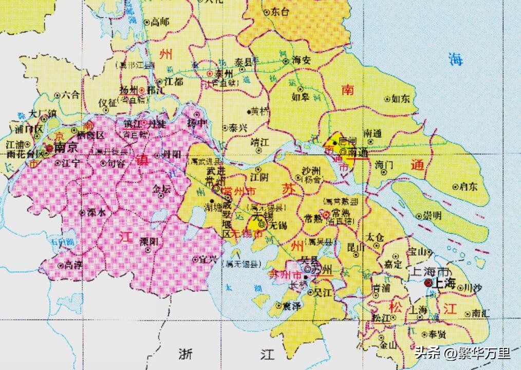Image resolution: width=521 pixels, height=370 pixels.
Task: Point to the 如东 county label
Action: [x=401, y=99]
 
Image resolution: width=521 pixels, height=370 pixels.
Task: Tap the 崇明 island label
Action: [x=432, y=215]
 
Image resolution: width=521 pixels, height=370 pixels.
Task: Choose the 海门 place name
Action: [x=384, y=165]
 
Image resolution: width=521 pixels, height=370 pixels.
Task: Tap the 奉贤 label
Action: [x=437, y=335]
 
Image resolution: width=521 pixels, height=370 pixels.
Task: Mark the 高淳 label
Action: [x=72, y=265]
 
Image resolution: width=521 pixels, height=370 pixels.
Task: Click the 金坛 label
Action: [x=161, y=189]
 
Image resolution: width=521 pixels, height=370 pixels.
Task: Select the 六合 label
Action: [x=70, y=95]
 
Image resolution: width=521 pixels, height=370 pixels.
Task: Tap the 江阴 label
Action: [x=259, y=176]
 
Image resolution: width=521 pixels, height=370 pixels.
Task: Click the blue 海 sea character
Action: [x=455, y=59]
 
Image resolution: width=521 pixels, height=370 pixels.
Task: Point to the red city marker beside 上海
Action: [x=427, y=283]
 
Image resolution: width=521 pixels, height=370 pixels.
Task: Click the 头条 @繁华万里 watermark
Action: [x=462, y=353]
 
